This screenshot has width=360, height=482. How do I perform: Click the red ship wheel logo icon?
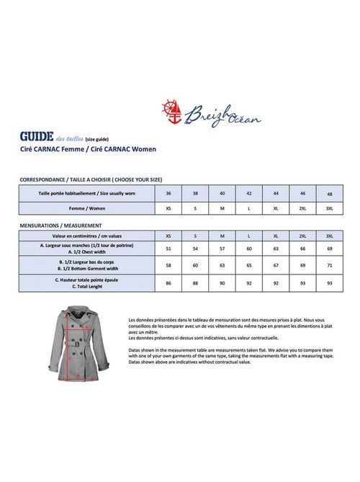171,110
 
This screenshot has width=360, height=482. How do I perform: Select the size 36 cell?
168,194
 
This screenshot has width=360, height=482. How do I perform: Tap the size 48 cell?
330,194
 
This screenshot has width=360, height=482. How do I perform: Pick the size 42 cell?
249,194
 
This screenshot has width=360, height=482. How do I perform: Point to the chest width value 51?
168,249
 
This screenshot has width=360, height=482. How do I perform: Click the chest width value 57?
222,249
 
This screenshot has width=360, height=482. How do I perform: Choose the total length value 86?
168,283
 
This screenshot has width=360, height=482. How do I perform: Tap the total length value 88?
195,283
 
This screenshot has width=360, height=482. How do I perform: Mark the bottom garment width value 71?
330,266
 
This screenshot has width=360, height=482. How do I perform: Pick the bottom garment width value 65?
249,266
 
